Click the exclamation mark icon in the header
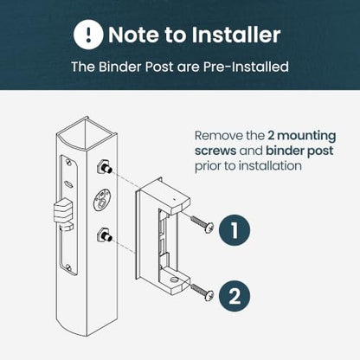point(88,35)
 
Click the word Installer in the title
point(236,35)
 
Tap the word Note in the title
point(134,35)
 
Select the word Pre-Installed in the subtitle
point(246,67)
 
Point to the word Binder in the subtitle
point(120,67)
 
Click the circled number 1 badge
point(235,230)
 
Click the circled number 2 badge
point(235,296)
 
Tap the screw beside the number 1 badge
point(202,224)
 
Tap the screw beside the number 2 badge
point(202,292)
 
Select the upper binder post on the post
point(105,167)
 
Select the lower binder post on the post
point(105,235)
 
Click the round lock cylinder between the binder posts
point(101,200)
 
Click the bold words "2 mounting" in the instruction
point(302,136)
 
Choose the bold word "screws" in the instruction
point(215,151)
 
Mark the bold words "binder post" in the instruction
point(299,151)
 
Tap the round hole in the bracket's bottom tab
point(174,280)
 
